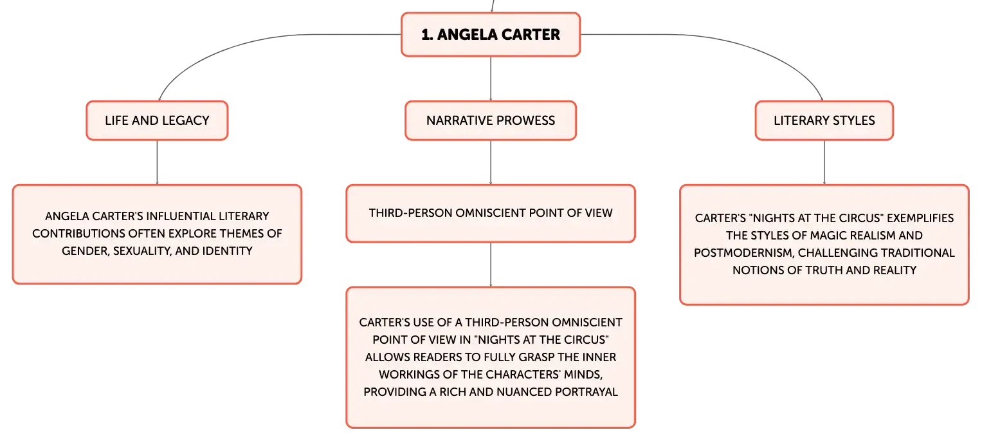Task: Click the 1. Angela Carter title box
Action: point(491,34)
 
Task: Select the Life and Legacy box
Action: point(157,120)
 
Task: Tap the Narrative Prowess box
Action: point(491,120)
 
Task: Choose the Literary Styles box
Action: point(824,120)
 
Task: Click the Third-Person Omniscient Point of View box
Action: point(491,213)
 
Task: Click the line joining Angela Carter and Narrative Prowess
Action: point(491,79)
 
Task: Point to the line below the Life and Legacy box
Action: point(157,162)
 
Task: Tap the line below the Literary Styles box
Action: point(824,162)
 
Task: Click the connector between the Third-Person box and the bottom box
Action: point(491,265)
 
